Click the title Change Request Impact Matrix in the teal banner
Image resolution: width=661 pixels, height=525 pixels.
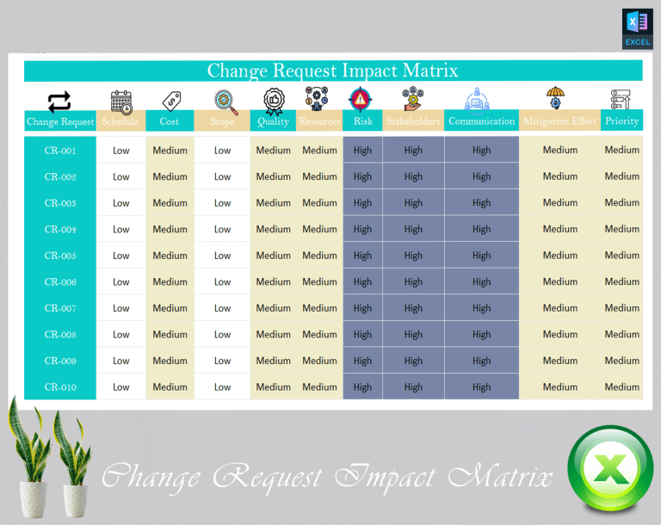click(332, 71)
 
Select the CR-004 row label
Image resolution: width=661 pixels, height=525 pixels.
click(60, 229)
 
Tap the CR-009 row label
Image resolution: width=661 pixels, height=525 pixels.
click(60, 361)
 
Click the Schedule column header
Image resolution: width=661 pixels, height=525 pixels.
click(120, 121)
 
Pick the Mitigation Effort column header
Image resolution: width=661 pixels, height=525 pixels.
click(559, 121)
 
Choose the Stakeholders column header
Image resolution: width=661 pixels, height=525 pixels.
click(413, 121)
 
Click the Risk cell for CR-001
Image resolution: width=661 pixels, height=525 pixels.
click(362, 150)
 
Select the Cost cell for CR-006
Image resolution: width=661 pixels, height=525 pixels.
click(170, 281)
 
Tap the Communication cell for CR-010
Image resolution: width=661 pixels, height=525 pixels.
click(481, 387)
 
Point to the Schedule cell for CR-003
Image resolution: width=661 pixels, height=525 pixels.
click(120, 203)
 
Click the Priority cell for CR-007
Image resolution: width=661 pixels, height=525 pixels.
click(621, 308)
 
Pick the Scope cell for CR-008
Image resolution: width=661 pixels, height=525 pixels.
click(222, 335)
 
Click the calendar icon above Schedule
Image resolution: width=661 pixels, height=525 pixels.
click(121, 101)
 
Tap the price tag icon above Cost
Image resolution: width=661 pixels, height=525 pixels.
click(170, 101)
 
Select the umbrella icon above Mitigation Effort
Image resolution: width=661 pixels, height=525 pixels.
click(555, 98)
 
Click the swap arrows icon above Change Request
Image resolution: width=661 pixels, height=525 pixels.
click(59, 102)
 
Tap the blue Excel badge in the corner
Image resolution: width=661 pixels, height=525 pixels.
click(637, 28)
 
